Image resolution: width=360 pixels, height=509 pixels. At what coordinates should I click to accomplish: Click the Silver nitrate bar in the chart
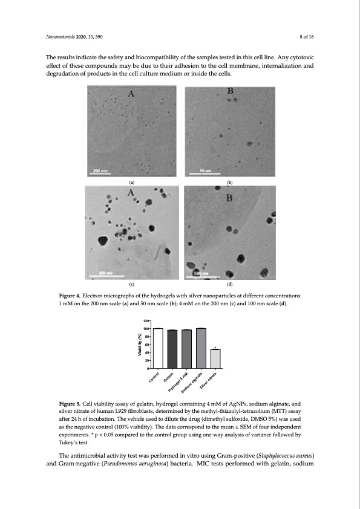point(215,358)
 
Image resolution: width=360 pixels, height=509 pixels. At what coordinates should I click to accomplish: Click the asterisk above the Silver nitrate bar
point(215,347)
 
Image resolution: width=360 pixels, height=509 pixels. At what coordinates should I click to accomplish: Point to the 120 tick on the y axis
point(146,320)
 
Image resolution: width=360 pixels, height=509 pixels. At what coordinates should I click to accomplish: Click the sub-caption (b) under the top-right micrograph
point(229,181)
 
